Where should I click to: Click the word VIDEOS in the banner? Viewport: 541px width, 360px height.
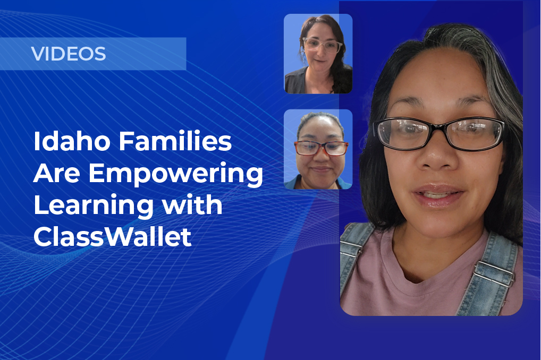tap(69, 54)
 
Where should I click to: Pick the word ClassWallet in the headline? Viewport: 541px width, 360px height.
tap(112, 236)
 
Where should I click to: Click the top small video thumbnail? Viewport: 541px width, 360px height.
tap(318, 54)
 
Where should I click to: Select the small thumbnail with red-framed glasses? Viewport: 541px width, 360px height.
tap(318, 149)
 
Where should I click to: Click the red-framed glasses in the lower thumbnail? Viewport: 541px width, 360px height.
tap(322, 148)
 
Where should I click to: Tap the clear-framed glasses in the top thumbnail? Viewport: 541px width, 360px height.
tap(322, 45)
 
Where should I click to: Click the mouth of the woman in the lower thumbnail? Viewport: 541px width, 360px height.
tap(321, 169)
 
